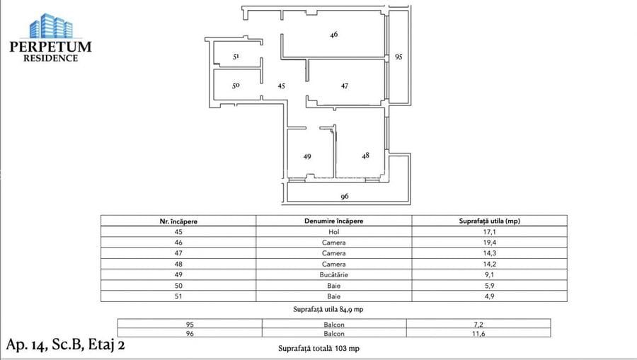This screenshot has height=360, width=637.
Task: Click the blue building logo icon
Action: pyautogui.click(x=50, y=25)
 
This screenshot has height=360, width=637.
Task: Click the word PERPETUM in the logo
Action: pyautogui.click(x=50, y=47)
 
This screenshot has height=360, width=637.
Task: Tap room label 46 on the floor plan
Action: pyautogui.click(x=333, y=34)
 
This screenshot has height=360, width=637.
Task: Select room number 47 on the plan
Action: pyautogui.click(x=344, y=86)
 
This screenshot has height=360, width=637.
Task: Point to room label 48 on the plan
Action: pyautogui.click(x=365, y=156)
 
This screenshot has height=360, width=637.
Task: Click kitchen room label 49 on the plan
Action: pyautogui.click(x=306, y=156)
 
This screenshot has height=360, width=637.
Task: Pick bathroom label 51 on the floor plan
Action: pyautogui.click(x=236, y=57)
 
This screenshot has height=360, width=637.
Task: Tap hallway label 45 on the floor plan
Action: pyautogui.click(x=281, y=86)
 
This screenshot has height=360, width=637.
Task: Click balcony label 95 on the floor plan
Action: pyautogui.click(x=398, y=57)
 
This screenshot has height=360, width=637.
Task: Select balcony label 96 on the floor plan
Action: pyautogui.click(x=345, y=197)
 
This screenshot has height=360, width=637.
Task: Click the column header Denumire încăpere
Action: pyautogui.click(x=333, y=221)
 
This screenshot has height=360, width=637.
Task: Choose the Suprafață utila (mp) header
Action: pyautogui.click(x=489, y=221)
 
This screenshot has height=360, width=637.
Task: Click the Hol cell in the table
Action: pyautogui.click(x=333, y=231)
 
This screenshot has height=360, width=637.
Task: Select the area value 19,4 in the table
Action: pyautogui.click(x=489, y=242)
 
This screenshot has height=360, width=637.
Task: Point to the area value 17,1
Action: pyautogui.click(x=489, y=231)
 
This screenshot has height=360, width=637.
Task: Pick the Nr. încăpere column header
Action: pyautogui.click(x=178, y=221)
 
